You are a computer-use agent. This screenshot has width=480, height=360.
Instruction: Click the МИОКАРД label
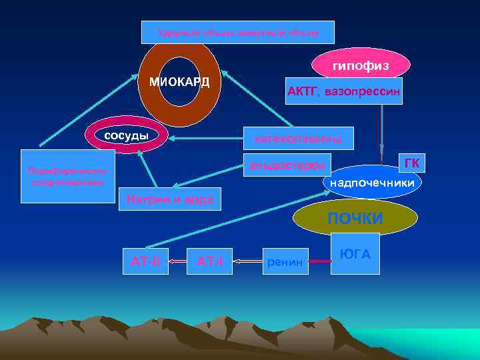pyautogui.click(x=179, y=82)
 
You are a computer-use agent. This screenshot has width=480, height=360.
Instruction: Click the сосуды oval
pyautogui.click(x=126, y=137)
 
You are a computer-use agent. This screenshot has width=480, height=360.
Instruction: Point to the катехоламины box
pyautogui.click(x=293, y=139)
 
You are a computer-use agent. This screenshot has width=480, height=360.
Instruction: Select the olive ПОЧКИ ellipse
pyautogui.click(x=355, y=218)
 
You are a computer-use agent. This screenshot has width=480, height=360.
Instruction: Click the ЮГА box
pyautogui.click(x=355, y=253)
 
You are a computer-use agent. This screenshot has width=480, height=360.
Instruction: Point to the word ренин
pyautogui.click(x=285, y=263)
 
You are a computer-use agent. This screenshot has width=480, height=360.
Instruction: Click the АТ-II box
pyautogui.click(x=145, y=261)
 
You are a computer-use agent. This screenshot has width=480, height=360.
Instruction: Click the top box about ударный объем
pyautogui.click(x=238, y=32)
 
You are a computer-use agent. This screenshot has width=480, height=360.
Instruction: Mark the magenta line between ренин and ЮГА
pyautogui.click(x=321, y=262)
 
